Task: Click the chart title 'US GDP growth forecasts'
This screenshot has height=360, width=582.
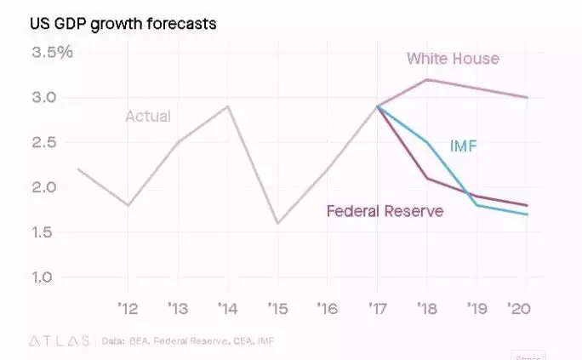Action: (124, 23)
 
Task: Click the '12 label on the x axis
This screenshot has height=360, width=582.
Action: (127, 307)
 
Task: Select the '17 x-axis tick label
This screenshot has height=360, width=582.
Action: (376, 307)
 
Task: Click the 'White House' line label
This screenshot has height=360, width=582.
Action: (453, 59)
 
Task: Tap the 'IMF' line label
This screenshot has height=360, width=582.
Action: (463, 146)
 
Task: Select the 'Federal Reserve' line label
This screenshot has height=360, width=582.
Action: (385, 211)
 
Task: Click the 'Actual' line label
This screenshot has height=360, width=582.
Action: (148, 117)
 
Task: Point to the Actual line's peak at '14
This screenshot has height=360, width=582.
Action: (227, 106)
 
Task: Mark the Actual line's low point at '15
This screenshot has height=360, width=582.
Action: (277, 223)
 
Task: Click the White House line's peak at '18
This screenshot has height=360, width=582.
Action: (426, 79)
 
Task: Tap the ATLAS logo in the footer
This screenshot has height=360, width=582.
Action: (60, 340)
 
